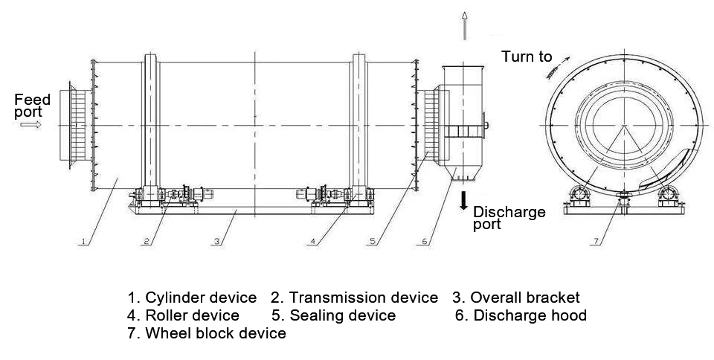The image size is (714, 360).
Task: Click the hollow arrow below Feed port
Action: click(x=30, y=124)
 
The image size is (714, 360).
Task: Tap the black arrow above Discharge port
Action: click(x=463, y=201)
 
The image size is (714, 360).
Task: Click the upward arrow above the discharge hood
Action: click(x=464, y=26)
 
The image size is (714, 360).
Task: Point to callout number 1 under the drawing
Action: click(x=83, y=241)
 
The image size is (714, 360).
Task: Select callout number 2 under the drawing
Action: click(x=147, y=241)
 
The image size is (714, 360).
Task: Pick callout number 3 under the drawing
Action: click(x=217, y=241)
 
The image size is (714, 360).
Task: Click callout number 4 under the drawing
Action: click(x=312, y=241)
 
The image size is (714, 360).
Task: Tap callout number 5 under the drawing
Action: click(x=373, y=241)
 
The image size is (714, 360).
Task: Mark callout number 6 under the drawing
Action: click(x=425, y=241)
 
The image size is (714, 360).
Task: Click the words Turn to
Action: click(x=527, y=57)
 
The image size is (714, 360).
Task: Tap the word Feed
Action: click(x=32, y=100)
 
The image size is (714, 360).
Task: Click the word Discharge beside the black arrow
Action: click(x=509, y=212)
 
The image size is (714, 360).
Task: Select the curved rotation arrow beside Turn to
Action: click(x=558, y=68)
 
